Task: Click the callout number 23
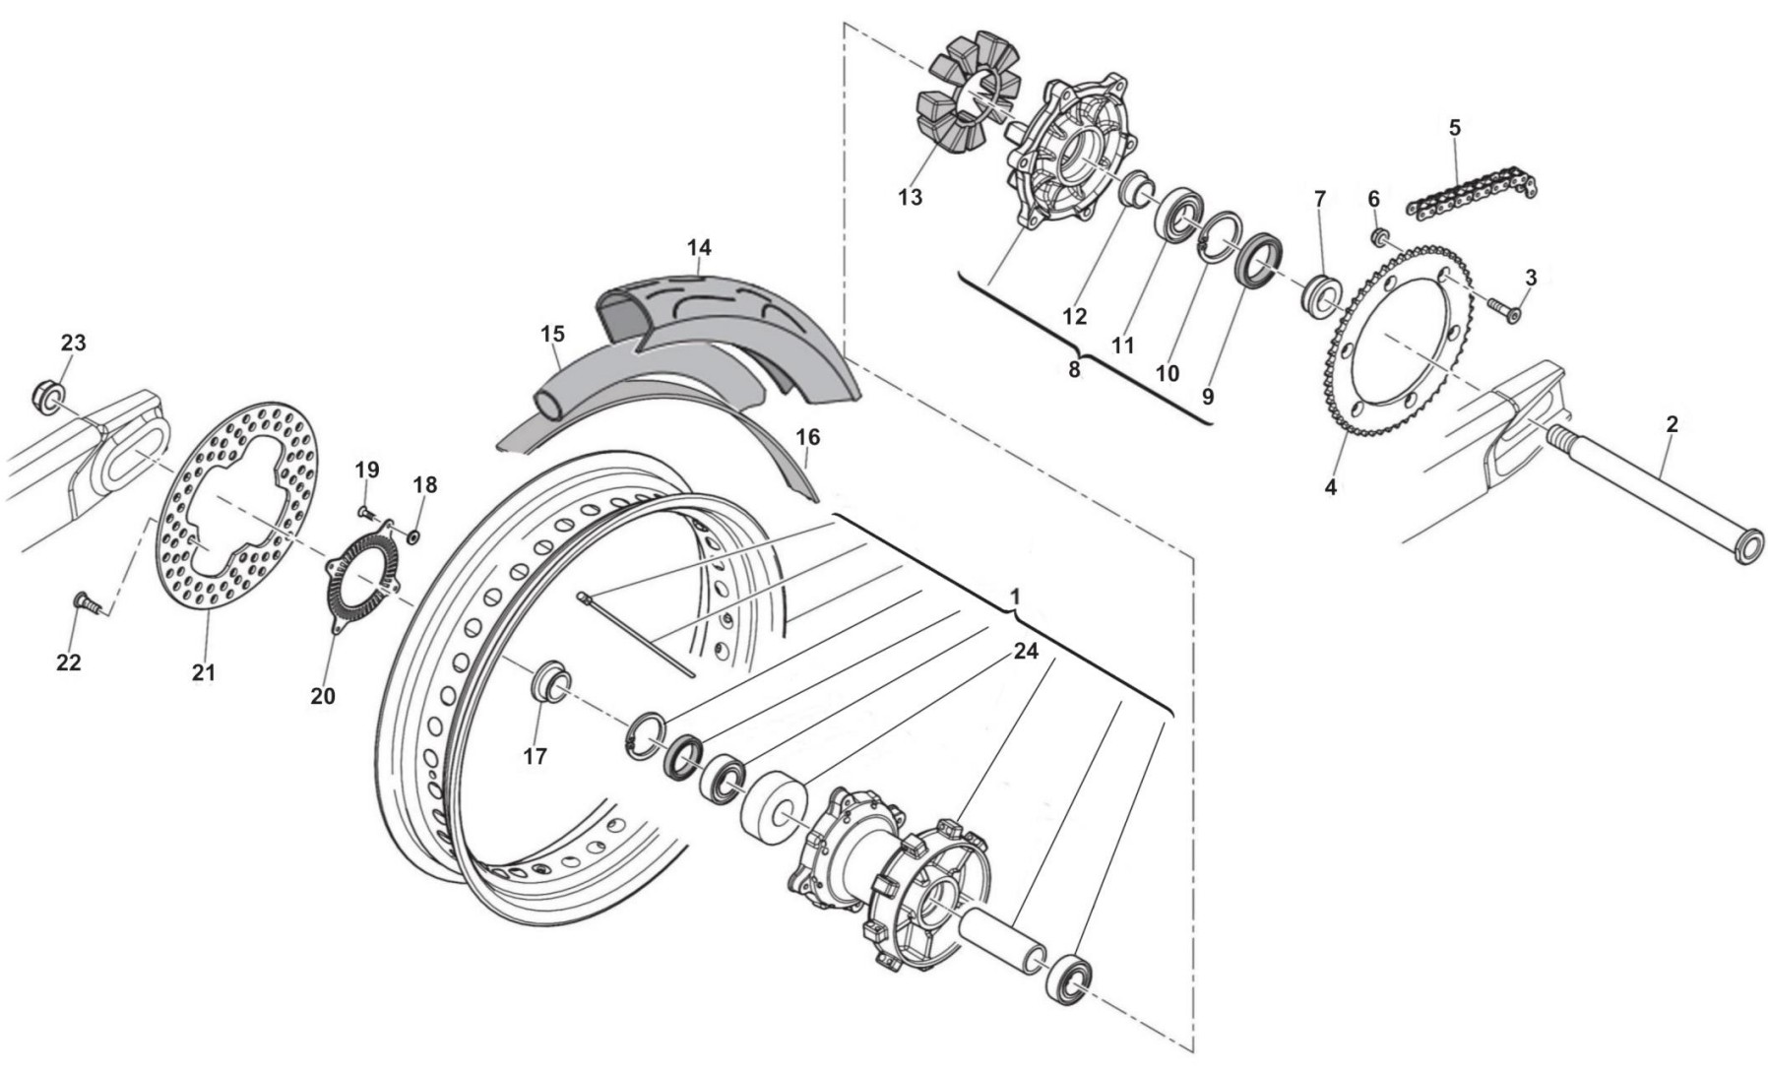[x=74, y=343]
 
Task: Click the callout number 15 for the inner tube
[x=552, y=335]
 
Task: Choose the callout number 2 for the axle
[x=1672, y=424]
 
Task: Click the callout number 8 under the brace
[x=1073, y=370]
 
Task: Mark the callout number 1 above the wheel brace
[x=1015, y=598]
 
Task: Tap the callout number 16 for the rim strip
[x=807, y=436]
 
